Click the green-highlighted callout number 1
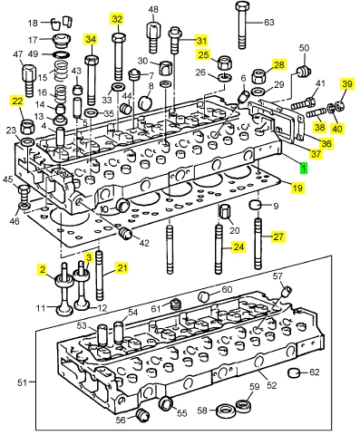coord(303,168)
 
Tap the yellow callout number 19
coord(297,188)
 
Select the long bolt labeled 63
coord(242,24)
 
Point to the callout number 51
coord(22,382)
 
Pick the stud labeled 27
coord(258,244)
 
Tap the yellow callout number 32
coord(117,19)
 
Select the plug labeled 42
coord(124,234)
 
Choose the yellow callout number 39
coord(347,84)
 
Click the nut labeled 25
coord(225,63)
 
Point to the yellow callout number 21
coord(122,268)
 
